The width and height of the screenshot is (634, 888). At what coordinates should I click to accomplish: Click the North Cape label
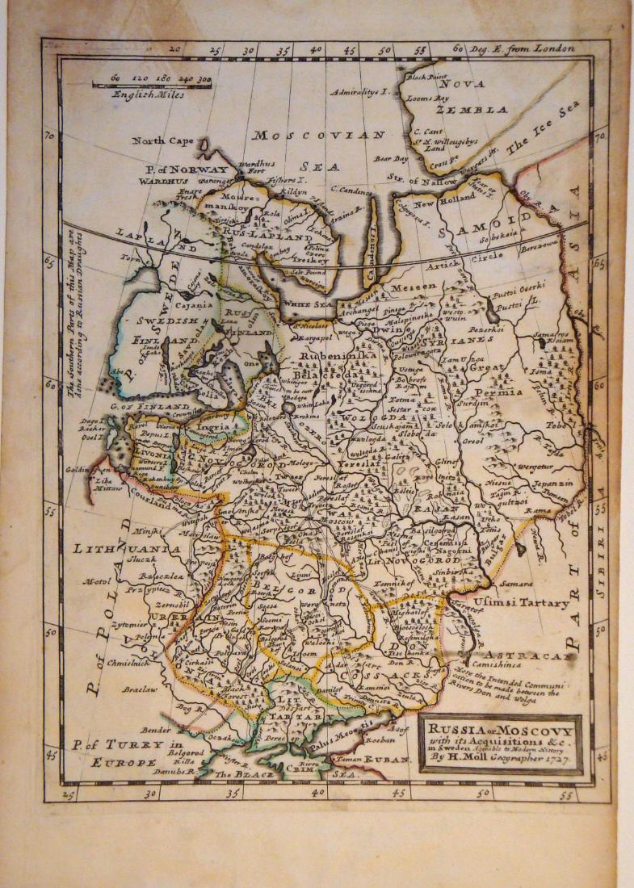tap(163, 140)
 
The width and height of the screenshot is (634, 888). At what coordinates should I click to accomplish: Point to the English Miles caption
tap(149, 94)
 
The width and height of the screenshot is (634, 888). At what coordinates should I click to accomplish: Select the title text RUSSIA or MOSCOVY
tap(501, 727)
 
